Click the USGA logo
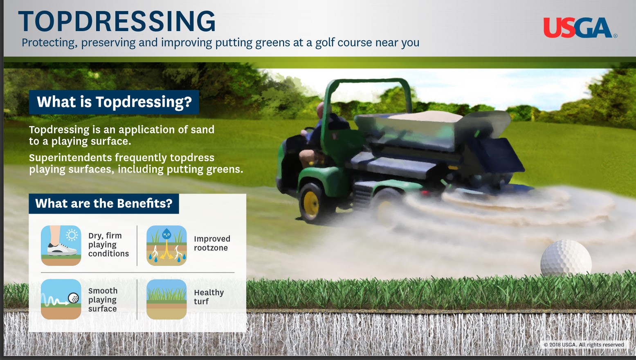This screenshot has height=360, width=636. click(579, 27)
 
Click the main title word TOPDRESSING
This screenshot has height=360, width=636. click(117, 21)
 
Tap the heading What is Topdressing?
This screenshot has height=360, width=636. click(114, 102)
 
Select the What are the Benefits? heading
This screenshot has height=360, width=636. click(103, 204)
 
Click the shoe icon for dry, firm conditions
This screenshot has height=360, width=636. click(61, 245)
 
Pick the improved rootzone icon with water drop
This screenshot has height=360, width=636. click(166, 245)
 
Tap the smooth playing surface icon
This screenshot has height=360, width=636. click(61, 299)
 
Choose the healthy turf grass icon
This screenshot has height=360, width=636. click(166, 299)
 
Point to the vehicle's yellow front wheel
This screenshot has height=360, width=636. click(310, 202)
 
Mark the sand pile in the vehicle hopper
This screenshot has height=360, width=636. click(425, 116)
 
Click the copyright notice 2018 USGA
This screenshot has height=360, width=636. click(584, 345)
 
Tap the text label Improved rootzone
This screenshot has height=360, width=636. click(212, 243)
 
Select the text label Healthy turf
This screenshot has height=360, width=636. click(209, 297)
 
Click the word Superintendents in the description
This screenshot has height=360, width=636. click(70, 157)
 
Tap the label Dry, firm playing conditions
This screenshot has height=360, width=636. click(108, 245)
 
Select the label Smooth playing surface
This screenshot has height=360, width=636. click(103, 299)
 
